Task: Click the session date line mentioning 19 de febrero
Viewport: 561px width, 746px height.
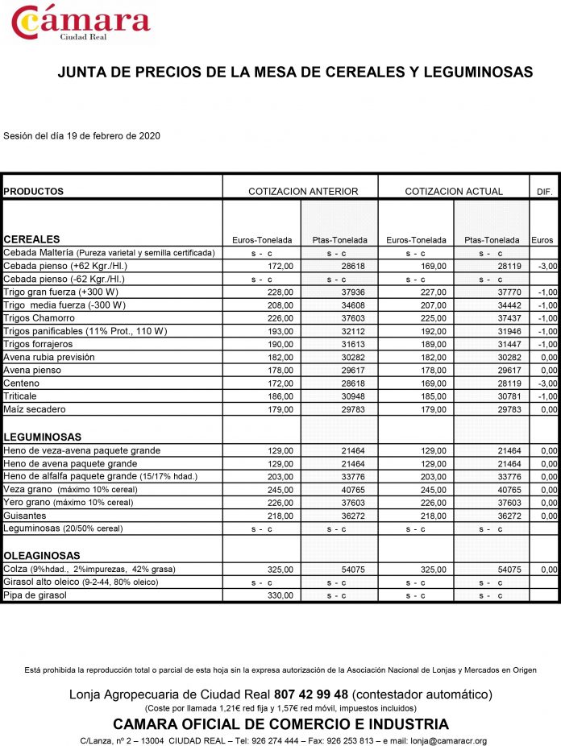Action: click(x=81, y=135)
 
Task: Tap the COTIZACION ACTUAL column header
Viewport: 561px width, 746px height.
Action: click(x=454, y=192)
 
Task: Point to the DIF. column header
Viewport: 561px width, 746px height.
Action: click(x=544, y=192)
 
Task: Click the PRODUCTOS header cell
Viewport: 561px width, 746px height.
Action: click(x=34, y=192)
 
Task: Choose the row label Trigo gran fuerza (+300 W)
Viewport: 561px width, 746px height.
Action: click(x=61, y=292)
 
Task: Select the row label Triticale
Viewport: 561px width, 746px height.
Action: click(x=22, y=396)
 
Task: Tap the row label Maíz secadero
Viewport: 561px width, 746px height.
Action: click(x=34, y=409)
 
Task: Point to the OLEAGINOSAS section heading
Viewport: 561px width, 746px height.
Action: click(x=42, y=556)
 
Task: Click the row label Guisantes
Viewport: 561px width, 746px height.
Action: click(x=25, y=516)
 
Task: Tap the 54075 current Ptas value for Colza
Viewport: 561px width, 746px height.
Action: click(x=509, y=570)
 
